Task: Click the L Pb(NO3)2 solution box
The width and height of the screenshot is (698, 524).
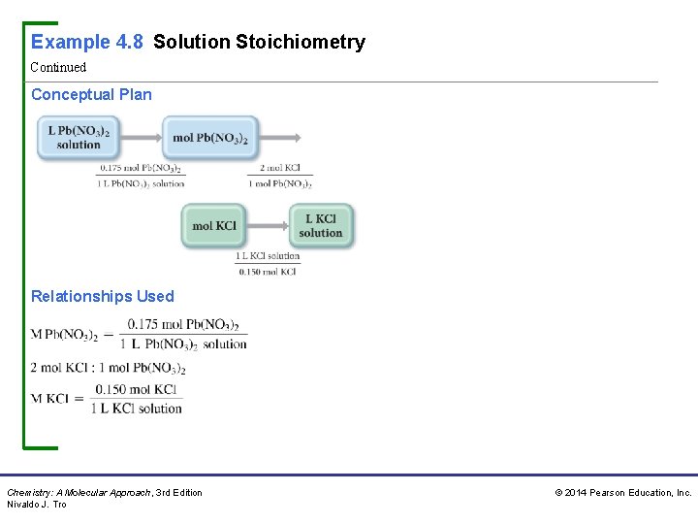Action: tap(79, 138)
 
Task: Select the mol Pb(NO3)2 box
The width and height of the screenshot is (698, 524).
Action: tap(210, 138)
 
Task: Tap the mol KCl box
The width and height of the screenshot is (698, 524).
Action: tap(214, 226)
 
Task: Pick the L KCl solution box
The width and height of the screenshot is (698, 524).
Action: tap(321, 226)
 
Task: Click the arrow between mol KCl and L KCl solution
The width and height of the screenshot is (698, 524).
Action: tap(269, 226)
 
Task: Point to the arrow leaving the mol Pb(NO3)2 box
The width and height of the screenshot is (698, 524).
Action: tap(280, 138)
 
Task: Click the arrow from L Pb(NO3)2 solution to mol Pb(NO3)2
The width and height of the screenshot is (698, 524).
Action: tap(140, 138)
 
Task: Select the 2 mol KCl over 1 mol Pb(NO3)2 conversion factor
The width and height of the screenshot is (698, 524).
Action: tap(280, 175)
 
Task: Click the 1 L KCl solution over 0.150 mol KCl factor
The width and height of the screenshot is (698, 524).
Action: tap(268, 264)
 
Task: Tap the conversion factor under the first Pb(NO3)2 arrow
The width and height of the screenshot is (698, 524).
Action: tap(142, 175)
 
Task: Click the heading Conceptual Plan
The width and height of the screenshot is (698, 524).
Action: tap(91, 94)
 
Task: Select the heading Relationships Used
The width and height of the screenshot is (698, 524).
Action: tap(103, 296)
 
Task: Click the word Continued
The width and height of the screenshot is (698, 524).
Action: tap(58, 67)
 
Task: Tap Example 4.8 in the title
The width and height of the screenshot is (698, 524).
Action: tap(87, 42)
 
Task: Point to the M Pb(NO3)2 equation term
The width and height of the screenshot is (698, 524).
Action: tap(64, 335)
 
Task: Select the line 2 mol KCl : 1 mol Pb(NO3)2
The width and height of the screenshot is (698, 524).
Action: tap(108, 368)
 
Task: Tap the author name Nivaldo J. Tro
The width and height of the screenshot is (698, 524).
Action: tap(37, 505)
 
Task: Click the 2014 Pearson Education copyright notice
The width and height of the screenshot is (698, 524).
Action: tap(622, 493)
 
